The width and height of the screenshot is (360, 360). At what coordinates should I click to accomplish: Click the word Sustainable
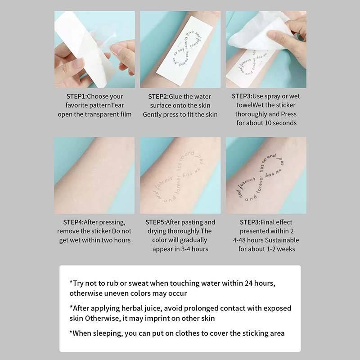(x=282, y=240)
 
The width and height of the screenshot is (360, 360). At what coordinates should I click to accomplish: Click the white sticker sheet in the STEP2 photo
(x=180, y=49)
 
